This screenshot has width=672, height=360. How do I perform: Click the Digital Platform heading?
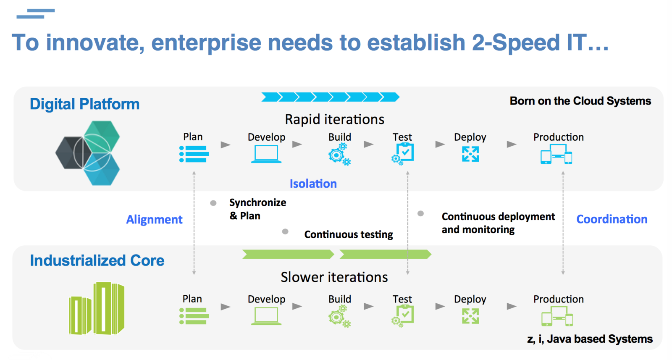coord(84,104)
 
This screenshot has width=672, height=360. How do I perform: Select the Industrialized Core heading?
coord(97,260)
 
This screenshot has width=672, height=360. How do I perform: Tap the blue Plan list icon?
coord(194,154)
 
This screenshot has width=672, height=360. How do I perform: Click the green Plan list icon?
coord(194,316)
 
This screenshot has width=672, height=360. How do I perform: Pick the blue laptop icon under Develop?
coord(266,154)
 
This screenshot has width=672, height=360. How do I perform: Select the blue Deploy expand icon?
coord(470,154)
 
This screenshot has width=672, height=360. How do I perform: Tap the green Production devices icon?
coord(557,316)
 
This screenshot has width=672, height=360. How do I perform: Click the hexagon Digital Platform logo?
coord(88,153)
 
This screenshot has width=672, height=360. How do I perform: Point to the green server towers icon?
coord(97,309)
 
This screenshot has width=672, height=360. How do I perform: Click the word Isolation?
coord(313,184)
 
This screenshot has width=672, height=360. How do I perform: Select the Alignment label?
coord(154,219)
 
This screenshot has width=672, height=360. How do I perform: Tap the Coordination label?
coord(612,219)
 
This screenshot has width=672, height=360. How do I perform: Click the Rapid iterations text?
coord(334,119)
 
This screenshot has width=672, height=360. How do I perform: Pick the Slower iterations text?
coord(334,277)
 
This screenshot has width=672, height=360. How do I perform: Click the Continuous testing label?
coord(349,234)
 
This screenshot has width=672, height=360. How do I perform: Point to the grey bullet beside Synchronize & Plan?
coord(213,203)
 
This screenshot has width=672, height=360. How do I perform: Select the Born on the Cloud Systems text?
coord(580,101)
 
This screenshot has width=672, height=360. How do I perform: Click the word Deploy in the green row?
coord(470,299)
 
